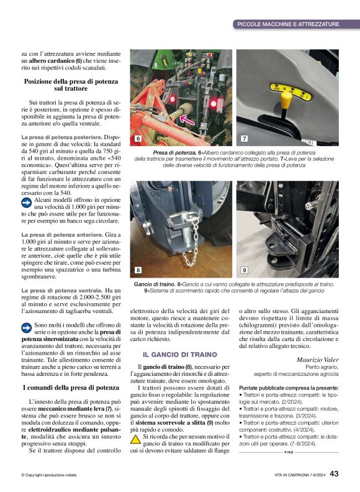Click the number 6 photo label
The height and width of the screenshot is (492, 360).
[x=138, y=139]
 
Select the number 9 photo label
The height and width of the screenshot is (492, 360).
[x=244, y=270]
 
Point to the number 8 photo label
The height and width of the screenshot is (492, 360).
[x=138, y=270]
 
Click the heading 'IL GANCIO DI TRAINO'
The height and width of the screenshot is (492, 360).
[x=167, y=354]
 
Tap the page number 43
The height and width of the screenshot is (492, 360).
[x=334, y=473]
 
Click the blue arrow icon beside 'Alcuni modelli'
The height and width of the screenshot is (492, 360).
[x=27, y=202]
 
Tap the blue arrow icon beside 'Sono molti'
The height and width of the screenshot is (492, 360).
[x=27, y=325]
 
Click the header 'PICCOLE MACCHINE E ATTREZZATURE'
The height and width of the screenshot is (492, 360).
[x=288, y=24]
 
